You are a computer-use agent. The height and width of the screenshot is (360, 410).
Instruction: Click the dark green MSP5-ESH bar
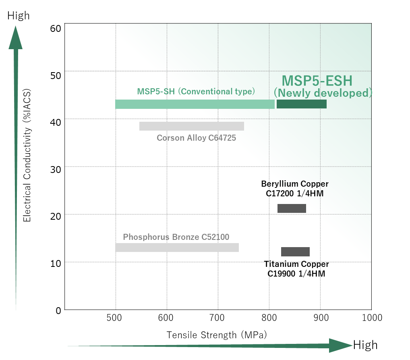[301, 104]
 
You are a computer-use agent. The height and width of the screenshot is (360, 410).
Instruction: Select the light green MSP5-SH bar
[195, 104]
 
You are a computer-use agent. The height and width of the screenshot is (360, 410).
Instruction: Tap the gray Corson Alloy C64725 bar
[192, 126]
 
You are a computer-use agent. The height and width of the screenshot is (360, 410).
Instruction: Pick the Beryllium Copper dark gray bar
[292, 208]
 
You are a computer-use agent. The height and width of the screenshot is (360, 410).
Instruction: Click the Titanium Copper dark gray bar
[295, 252]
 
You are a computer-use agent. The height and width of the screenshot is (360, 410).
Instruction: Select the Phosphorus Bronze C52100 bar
[177, 248]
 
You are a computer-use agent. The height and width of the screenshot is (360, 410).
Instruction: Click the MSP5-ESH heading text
[317, 81]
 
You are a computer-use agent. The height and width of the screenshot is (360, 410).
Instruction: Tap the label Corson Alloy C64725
[196, 138]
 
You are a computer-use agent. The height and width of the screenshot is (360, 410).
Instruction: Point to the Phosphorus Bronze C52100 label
[176, 237]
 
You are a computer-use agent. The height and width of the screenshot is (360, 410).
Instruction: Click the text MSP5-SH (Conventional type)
[196, 92]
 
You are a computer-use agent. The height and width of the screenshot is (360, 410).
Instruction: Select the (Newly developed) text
[323, 93]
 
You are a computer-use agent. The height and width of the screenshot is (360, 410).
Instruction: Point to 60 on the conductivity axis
[56, 28]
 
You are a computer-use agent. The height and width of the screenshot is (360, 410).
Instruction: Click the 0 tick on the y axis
[58, 310]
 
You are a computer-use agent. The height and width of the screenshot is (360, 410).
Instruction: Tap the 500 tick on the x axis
[115, 318]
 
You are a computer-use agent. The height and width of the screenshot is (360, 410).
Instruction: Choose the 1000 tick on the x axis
[372, 318]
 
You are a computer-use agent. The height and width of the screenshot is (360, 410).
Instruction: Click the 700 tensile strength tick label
[218, 318]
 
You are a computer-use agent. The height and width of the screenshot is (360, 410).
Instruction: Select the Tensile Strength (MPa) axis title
[217, 335]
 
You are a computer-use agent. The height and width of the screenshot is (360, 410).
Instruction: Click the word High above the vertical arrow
[19, 16]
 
